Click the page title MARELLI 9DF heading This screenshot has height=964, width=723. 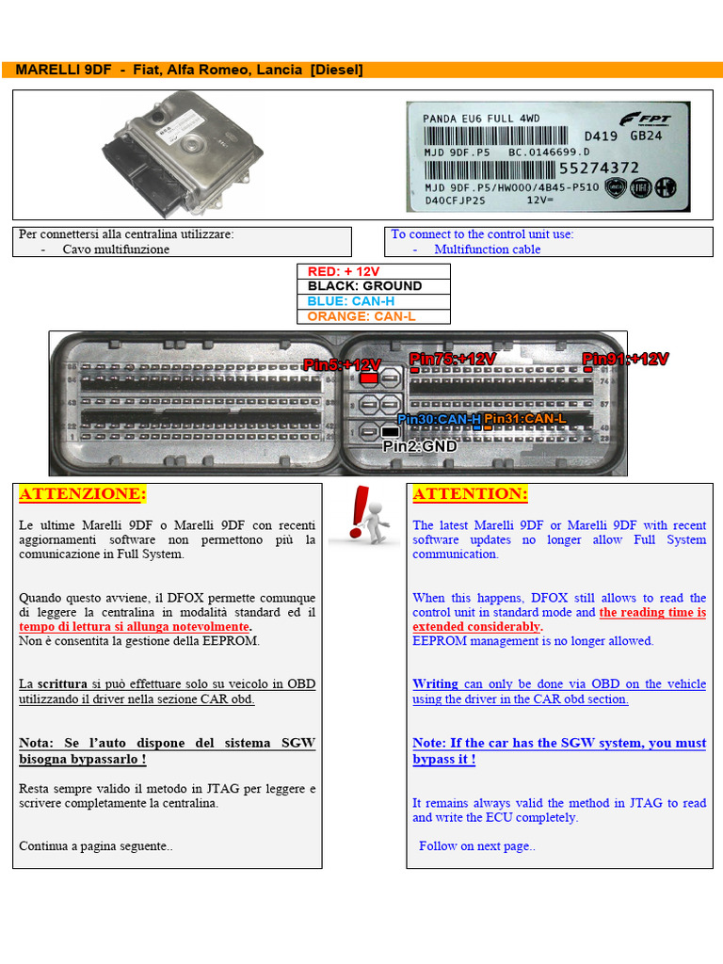188,71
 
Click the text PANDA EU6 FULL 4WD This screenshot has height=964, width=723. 481,119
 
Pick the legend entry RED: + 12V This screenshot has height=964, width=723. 344,271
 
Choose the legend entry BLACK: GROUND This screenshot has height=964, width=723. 364,286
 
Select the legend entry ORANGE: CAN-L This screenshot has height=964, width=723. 361,316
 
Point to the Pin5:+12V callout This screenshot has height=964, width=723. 342,364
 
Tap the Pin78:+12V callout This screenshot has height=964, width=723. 452,359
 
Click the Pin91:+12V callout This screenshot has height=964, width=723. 625,359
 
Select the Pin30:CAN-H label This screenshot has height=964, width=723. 439,418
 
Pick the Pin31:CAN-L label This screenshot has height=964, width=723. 524,418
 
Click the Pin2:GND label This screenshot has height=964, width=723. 419,446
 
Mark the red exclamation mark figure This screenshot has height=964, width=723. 366,515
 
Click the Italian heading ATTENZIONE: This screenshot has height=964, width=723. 83,494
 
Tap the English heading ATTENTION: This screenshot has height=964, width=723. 470,494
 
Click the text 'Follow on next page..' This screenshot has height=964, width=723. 476,845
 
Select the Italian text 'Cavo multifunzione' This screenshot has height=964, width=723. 116,249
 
